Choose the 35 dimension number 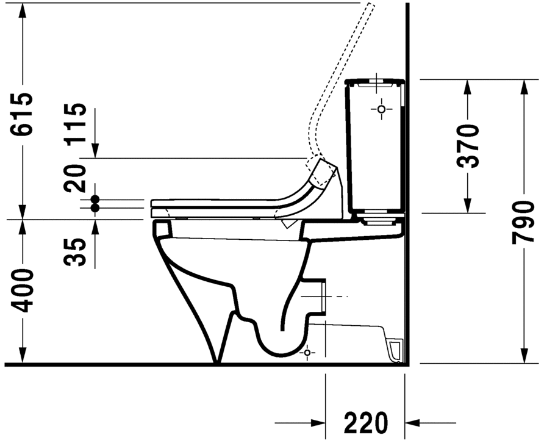click(77, 251)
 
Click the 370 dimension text click(468, 146)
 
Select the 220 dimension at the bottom click(365, 422)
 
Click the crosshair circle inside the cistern click(382, 109)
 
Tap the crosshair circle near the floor click(307, 352)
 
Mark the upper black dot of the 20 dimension click(95, 199)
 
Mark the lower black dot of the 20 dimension click(95, 208)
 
